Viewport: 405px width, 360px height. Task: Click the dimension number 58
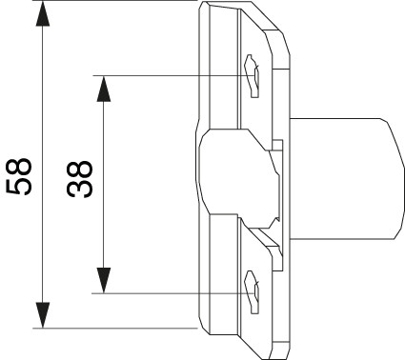19,176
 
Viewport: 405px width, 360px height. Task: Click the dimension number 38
80,179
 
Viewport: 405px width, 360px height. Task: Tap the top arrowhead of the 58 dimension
43,13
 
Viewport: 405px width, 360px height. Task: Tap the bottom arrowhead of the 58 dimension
43,315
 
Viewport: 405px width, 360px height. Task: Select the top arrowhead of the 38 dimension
103,89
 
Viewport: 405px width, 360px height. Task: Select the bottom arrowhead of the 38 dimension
103,280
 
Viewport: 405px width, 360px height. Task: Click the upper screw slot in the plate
252,76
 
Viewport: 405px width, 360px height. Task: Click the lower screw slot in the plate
252,292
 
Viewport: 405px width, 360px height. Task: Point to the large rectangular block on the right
347,178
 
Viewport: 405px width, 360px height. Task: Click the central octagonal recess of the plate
238,179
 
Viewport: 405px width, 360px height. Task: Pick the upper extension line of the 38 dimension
175,75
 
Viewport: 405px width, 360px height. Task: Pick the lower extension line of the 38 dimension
175,293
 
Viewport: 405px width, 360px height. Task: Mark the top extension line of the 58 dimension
115,1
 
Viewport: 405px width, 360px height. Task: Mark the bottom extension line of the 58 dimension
115,329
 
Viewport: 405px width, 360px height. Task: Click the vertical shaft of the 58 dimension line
43,164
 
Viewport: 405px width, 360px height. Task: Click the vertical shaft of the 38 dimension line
103,185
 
